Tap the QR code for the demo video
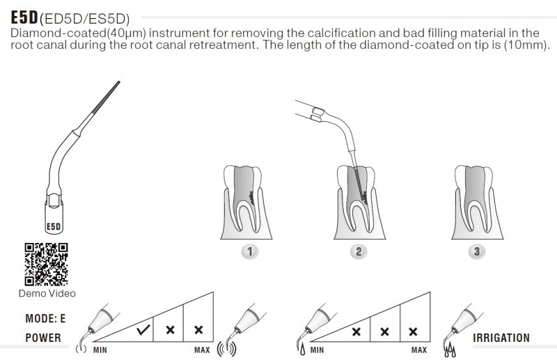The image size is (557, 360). tap(46, 264)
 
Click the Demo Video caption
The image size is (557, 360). tap(47, 294)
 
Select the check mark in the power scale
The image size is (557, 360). tap(143, 330)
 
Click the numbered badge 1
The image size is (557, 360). tap(250, 251)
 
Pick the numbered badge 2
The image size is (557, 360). tap(359, 251)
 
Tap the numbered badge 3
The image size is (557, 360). tap(477, 251)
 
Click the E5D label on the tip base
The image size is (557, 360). tap(54, 227)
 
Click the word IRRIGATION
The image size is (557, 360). tap(501, 338)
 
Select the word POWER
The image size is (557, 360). tap(43, 338)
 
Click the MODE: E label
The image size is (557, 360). tap(45, 318)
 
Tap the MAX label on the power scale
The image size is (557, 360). tap(202, 350)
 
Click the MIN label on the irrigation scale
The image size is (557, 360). tap(317, 350)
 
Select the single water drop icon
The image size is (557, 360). tap(302, 350)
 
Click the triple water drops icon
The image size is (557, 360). tap(450, 350)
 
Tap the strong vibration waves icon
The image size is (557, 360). tap(227, 349)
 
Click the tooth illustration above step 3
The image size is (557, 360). tap(477, 202)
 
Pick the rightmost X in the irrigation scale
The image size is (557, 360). tap(413, 331)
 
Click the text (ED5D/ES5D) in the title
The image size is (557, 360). tap(85, 19)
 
